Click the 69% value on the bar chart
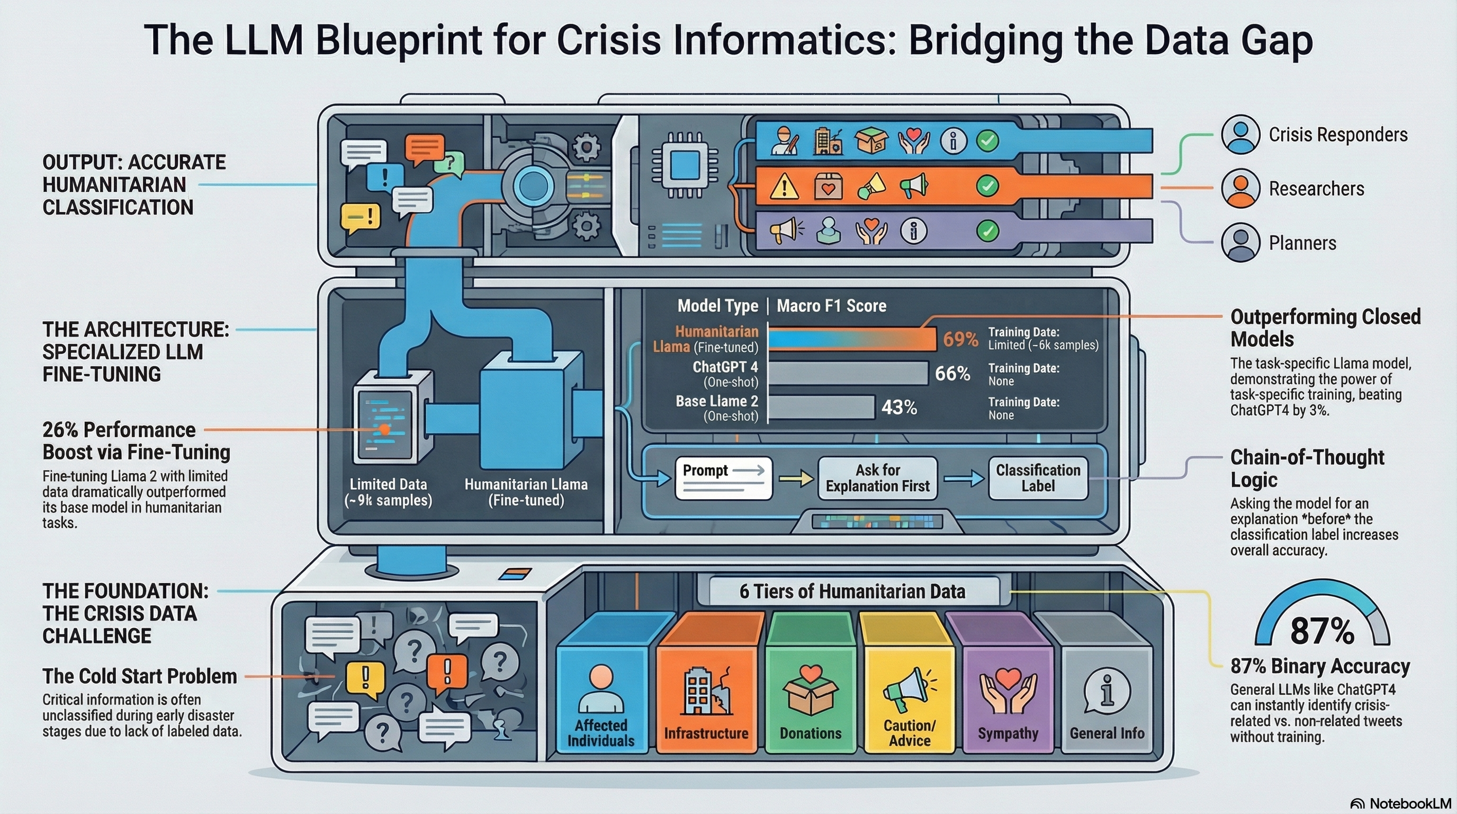[x=960, y=339]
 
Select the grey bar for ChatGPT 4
[x=848, y=374]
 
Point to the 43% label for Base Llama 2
[x=899, y=407]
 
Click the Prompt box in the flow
[x=723, y=478]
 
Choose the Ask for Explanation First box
[x=877, y=479]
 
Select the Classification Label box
[x=1037, y=479]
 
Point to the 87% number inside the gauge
[x=1322, y=631]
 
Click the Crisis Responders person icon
[x=1240, y=135]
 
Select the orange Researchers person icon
[x=1240, y=189]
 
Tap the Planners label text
[x=1302, y=243]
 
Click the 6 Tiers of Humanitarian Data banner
[x=852, y=591]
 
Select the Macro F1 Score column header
[x=831, y=306]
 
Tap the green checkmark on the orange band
[x=987, y=185]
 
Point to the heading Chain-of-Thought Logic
[x=1307, y=467]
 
